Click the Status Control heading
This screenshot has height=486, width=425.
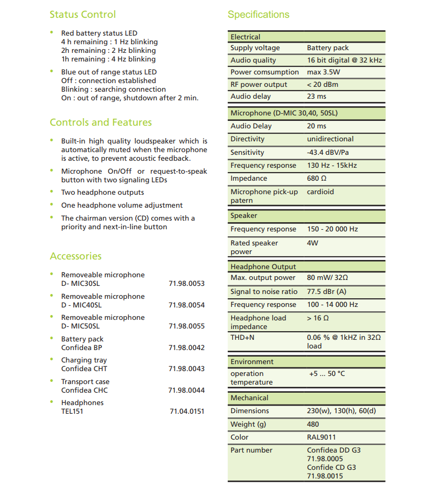tap(82, 15)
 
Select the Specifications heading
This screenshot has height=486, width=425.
tap(258, 15)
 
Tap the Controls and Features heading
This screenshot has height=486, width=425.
tap(101, 122)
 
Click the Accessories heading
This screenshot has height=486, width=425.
tap(75, 256)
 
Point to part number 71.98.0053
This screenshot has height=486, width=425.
tap(186, 284)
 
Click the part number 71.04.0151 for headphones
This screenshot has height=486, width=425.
tap(187, 412)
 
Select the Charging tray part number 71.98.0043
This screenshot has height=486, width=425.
tap(186, 369)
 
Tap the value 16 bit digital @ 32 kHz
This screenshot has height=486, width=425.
tap(344, 60)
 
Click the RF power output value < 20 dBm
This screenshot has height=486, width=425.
tap(323, 85)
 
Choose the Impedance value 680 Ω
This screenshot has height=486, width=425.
tap(317, 179)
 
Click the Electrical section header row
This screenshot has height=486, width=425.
tap(306, 37)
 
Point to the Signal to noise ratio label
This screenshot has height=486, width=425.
tap(264, 291)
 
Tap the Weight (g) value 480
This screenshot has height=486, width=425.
tap(313, 425)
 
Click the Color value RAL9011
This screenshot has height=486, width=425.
tap(321, 437)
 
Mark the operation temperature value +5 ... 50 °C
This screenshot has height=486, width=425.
tap(327, 374)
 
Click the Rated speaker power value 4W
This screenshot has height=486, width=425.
tap(312, 243)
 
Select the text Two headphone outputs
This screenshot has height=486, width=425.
tap(102, 193)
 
